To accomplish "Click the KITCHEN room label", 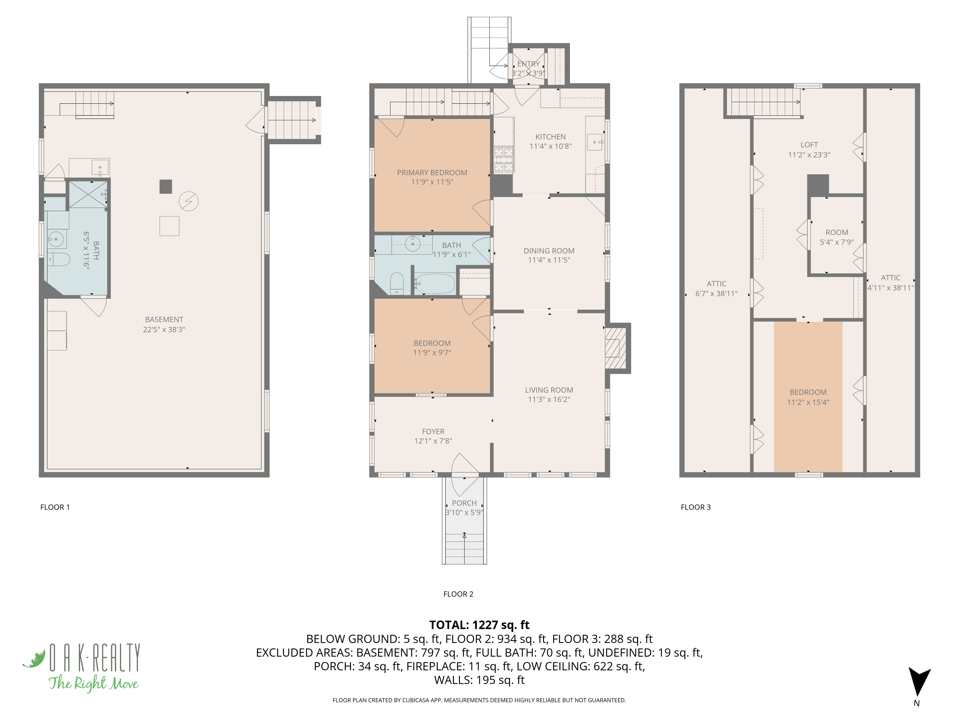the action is pos(550,137).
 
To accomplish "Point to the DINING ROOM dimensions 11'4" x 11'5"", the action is pos(549,260).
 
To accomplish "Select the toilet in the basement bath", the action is pos(58,259).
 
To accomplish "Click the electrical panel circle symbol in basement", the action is pos(189,201).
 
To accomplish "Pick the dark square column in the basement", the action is pos(166,187).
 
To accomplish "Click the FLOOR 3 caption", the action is pos(696,507).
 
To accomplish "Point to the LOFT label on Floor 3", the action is pos(809,145).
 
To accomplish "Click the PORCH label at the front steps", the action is pos(464,503).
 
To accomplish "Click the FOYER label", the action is pos(433,431).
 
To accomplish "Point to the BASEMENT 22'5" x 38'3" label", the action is pos(164,324).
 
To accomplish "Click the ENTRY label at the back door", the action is pos(528,64).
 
